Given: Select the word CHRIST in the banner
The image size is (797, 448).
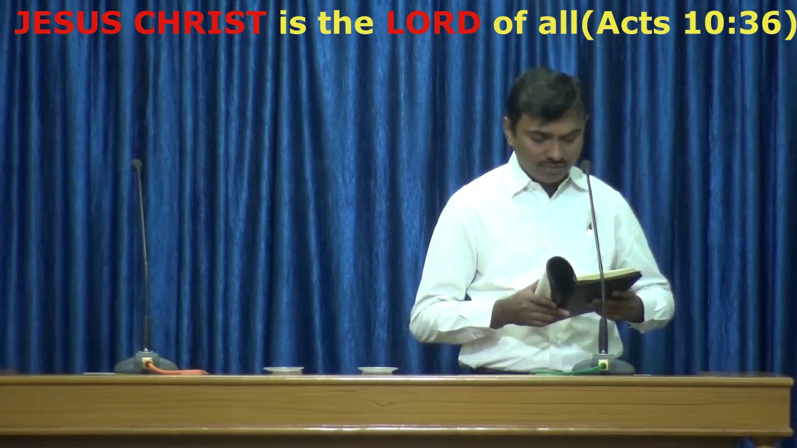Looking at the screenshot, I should (x=200, y=24).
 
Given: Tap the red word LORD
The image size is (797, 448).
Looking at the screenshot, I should (x=433, y=24).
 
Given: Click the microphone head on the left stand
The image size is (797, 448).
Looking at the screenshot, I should (x=137, y=165).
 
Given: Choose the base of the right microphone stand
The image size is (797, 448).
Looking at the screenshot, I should (x=603, y=365).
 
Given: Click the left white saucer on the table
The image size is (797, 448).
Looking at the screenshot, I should (x=283, y=370).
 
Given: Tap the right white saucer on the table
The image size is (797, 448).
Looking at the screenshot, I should (x=377, y=370).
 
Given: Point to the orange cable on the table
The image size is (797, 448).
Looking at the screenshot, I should (x=181, y=371).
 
